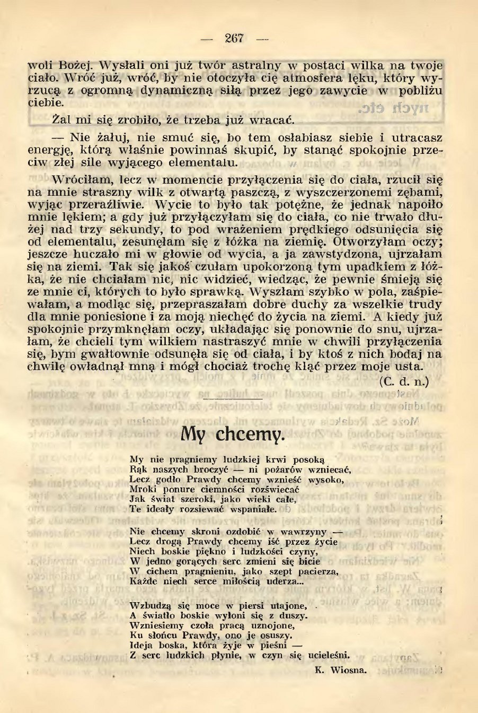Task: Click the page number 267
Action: pos(234,38)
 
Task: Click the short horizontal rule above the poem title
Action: pos(233,398)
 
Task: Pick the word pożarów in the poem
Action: pos(279,469)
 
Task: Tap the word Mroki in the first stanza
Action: pos(141,489)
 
